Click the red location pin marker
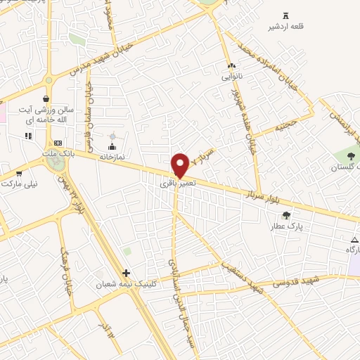tap(180, 164)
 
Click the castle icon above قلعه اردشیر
tap(285, 15)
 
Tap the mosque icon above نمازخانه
tap(111, 146)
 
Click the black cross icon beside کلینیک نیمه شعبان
tap(126, 273)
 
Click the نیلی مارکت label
tap(19, 184)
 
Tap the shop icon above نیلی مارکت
tap(18, 172)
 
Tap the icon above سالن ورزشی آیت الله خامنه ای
tap(46, 99)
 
